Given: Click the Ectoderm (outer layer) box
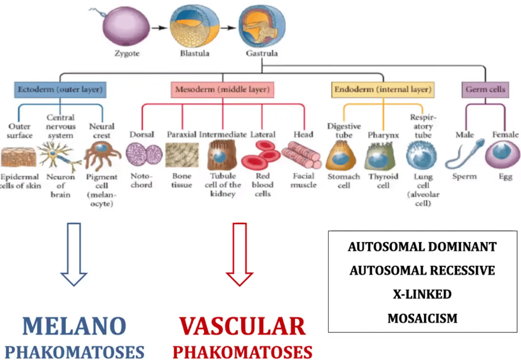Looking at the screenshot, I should tap(60, 89).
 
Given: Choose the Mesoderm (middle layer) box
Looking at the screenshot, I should tap(222, 89).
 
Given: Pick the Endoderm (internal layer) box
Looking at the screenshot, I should tap(382, 89).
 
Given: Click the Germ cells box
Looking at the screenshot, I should tap(485, 89).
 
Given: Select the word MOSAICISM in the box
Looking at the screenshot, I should tap(422, 318).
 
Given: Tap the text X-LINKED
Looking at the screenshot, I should tap(422, 294).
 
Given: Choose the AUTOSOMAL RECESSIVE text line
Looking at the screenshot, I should tap(422, 270).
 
